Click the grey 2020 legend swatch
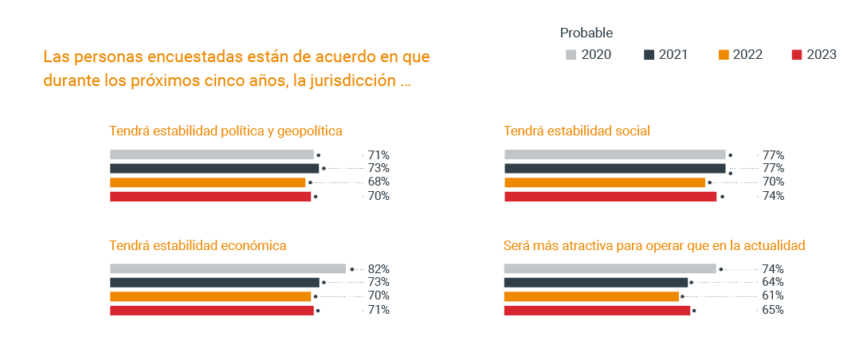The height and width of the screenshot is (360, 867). click(x=571, y=55)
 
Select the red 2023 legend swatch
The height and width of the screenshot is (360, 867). click(x=796, y=55)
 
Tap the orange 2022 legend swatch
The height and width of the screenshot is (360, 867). click(x=724, y=55)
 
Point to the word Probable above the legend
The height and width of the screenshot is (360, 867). click(x=586, y=33)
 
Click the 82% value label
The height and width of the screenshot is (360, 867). click(x=379, y=269)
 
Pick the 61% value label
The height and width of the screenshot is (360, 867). click(x=773, y=296)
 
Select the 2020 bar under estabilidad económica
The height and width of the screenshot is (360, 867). click(x=227, y=269)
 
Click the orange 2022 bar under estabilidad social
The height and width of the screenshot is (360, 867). click(x=604, y=182)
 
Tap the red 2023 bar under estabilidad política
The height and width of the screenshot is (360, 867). click(x=210, y=197)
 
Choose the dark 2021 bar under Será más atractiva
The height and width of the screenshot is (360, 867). click(x=595, y=283)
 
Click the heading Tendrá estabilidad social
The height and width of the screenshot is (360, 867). click(x=577, y=131)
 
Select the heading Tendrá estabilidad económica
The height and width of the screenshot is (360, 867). click(x=198, y=245)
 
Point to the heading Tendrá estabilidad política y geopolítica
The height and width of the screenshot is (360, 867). click(x=226, y=131)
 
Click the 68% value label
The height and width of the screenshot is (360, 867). click(x=379, y=182)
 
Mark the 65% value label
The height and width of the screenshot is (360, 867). click(x=773, y=310)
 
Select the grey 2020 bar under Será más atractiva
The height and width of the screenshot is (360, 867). click(x=610, y=269)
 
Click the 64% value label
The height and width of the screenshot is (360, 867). click(x=773, y=283)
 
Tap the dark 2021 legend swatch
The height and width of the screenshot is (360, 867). click(x=649, y=55)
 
